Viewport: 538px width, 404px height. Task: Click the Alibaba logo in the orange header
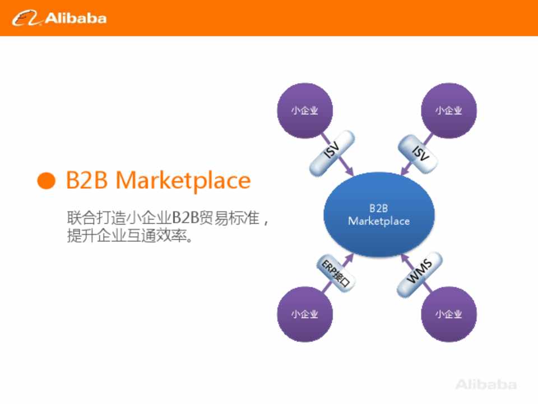[59, 18]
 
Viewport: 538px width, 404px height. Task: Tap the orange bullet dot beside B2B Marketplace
[46, 180]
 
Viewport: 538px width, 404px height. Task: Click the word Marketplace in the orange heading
[183, 180]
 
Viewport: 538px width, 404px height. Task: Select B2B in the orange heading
[86, 180]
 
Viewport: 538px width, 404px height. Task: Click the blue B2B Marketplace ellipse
[379, 214]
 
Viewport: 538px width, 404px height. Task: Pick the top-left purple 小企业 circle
[305, 111]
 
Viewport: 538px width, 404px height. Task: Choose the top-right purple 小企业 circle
[448, 111]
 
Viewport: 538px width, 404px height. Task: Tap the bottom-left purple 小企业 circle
[305, 314]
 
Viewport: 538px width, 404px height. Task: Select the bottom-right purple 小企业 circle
[448, 314]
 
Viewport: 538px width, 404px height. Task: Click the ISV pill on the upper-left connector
[332, 153]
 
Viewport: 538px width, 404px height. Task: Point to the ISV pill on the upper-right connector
[418, 153]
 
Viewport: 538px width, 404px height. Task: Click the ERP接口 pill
[336, 274]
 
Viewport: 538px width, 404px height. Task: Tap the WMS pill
[419, 274]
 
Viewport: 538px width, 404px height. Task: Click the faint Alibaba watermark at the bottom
[486, 384]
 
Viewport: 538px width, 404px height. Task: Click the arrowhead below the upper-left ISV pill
[349, 171]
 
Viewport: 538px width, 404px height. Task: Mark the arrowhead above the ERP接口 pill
[349, 258]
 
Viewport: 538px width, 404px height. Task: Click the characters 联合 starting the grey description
[81, 218]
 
